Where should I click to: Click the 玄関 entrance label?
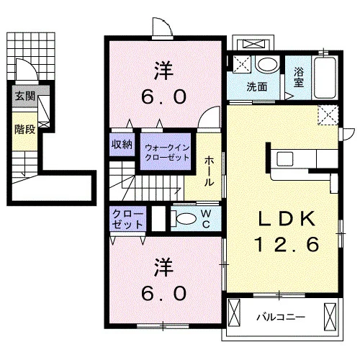25,96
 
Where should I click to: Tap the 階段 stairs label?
24,130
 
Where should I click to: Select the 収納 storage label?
122,145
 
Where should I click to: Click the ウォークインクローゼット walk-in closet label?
167,153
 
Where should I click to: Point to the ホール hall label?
209,171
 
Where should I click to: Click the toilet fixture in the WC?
184,219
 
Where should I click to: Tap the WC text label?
207,219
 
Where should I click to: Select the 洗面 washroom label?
257,86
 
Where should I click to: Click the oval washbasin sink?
267,64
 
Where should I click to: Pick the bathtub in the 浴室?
325,78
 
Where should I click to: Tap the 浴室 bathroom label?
299,77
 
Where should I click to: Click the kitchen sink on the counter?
285,158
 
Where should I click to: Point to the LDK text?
287,219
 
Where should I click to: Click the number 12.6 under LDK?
287,244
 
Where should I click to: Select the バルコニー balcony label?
281,318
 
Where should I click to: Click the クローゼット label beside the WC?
127,219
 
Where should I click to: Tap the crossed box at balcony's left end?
234,312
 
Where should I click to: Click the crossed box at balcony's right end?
330,314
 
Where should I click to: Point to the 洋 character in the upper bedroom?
163,71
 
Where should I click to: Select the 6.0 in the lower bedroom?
163,293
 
